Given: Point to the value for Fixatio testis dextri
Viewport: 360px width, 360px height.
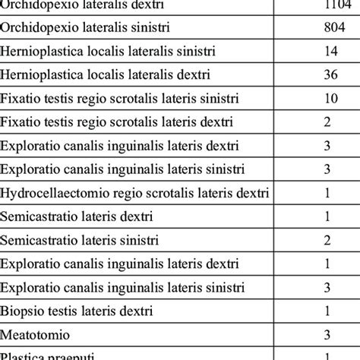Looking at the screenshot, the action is pos(327,122).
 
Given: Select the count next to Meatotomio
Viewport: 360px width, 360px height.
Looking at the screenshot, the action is pos(327,334).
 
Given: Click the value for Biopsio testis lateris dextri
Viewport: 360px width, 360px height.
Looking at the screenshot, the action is pos(327,311).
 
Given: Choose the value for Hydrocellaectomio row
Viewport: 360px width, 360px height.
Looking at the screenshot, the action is pos(327,193).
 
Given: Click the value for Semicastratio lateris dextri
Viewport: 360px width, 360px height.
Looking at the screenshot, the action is pos(327,216).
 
